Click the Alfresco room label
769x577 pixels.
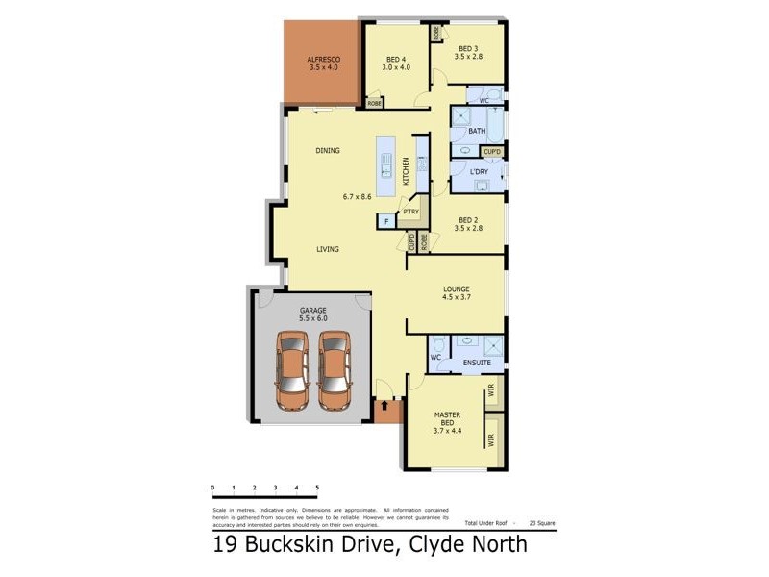(325, 59)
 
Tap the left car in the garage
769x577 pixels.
(292, 369)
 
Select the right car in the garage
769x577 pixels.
(335, 369)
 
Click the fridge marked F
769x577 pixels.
(386, 222)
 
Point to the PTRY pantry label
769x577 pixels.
(411, 212)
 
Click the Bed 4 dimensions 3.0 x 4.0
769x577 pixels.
(396, 67)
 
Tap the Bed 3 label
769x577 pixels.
(468, 49)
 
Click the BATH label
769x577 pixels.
(476, 131)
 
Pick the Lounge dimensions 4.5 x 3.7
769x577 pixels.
(456, 299)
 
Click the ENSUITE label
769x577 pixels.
(477, 363)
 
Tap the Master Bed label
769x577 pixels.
(449, 419)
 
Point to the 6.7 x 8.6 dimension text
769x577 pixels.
(357, 197)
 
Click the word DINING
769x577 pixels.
(329, 151)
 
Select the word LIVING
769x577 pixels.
(329, 249)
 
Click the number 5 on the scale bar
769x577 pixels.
(317, 489)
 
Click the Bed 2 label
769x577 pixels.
(468, 217)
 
